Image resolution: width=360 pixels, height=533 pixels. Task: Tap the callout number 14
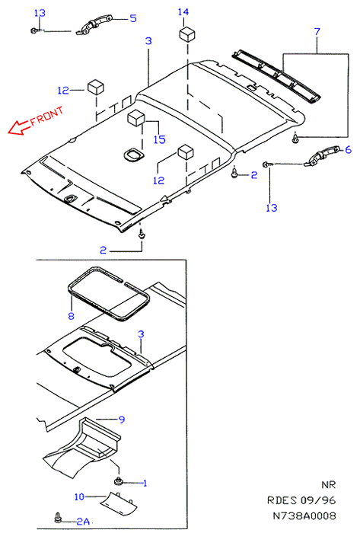pos(183,12)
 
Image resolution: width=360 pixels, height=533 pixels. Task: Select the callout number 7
pos(317,32)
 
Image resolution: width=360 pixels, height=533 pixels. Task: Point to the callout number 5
pos(133,18)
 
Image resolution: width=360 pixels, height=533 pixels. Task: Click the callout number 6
pos(348,149)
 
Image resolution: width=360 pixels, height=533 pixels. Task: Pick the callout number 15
pos(159,139)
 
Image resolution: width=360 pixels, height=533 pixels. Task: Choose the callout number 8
pos(71,316)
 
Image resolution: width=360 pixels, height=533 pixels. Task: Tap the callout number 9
pos(122,420)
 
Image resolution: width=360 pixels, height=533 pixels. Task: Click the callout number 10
pos(79,496)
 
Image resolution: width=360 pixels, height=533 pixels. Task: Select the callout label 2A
pos(82,521)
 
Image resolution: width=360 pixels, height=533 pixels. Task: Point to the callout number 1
pos(145,483)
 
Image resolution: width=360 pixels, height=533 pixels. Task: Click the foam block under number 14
pos(187,34)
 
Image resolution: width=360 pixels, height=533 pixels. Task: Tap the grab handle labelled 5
pos(94,24)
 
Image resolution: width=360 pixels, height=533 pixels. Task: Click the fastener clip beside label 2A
pos(59,517)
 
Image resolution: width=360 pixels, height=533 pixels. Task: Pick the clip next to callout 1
pos(119,481)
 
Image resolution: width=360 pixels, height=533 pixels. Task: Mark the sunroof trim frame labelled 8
pos(109,294)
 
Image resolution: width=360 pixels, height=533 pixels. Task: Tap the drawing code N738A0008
pos(304,515)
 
